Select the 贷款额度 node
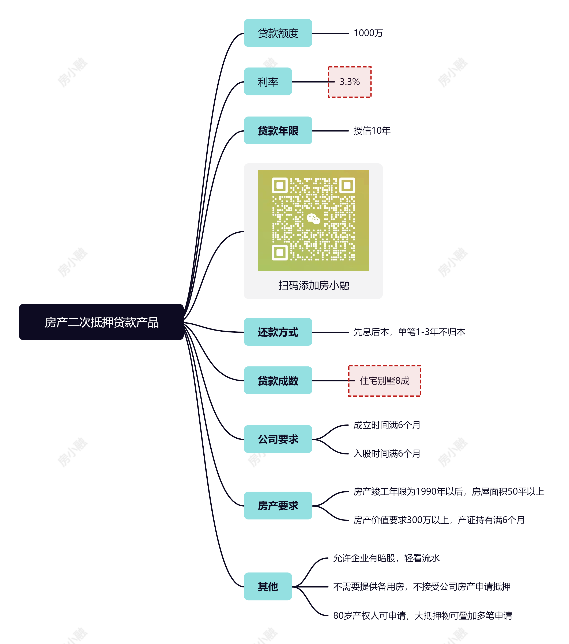(x=278, y=33)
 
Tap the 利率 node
(x=268, y=82)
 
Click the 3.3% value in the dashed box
(x=350, y=82)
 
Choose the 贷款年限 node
(x=278, y=130)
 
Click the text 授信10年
(x=372, y=130)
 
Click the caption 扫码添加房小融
(x=314, y=285)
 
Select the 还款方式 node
(x=278, y=332)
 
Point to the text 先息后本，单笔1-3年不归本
(x=409, y=332)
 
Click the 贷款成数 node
(x=278, y=380)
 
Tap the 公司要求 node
(x=278, y=439)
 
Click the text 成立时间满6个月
(x=387, y=425)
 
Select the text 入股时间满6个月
(x=387, y=453)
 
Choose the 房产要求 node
(x=278, y=505)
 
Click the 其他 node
(x=268, y=586)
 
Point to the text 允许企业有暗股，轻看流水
(x=386, y=558)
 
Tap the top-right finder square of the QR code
(x=347, y=185)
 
